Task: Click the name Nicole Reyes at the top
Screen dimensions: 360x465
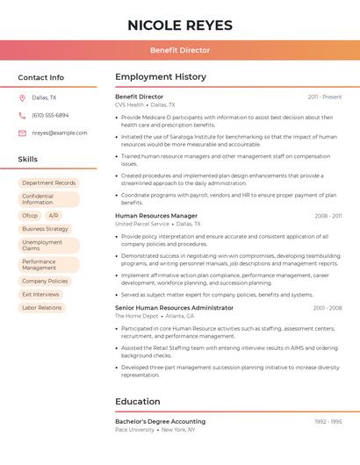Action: (180, 25)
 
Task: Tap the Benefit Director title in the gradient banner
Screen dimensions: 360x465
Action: (180, 50)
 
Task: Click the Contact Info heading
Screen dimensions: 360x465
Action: (40, 77)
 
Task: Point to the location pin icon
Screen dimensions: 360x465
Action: (22, 97)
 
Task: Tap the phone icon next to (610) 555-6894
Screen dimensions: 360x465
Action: (22, 115)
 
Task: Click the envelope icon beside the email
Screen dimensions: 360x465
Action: (22, 133)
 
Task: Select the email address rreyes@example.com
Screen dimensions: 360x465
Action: (60, 133)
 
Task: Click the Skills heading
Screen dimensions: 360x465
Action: (28, 160)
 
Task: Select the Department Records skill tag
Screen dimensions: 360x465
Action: (49, 183)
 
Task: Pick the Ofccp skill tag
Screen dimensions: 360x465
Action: (30, 215)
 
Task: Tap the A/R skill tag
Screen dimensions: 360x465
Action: (54, 215)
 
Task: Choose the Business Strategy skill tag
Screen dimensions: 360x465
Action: (45, 229)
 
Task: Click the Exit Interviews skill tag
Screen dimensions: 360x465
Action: (40, 295)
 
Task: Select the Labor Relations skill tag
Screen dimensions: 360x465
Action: (42, 308)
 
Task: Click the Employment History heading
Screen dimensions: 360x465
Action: (161, 77)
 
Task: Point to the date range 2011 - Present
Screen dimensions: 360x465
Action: (325, 97)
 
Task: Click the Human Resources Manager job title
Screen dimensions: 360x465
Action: (156, 216)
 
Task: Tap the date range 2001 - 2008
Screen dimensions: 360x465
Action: (327, 308)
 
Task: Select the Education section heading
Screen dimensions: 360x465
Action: (137, 402)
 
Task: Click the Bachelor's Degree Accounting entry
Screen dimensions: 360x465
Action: (160, 421)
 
